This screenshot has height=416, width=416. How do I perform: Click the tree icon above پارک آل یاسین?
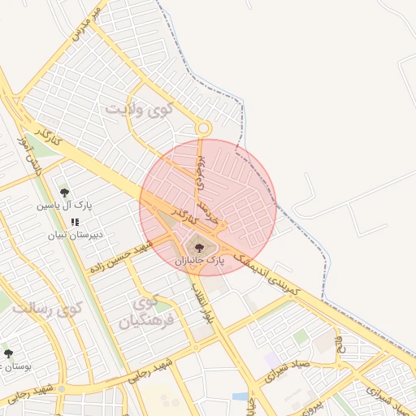(x=64, y=193)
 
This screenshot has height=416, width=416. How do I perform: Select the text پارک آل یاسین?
(x=64, y=206)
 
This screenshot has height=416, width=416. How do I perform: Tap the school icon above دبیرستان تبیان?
(x=74, y=221)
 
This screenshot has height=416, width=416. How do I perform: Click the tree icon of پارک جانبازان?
(x=199, y=246)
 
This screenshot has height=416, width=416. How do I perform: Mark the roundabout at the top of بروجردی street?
(x=202, y=128)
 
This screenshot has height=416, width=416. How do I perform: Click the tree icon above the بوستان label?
(x=8, y=353)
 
